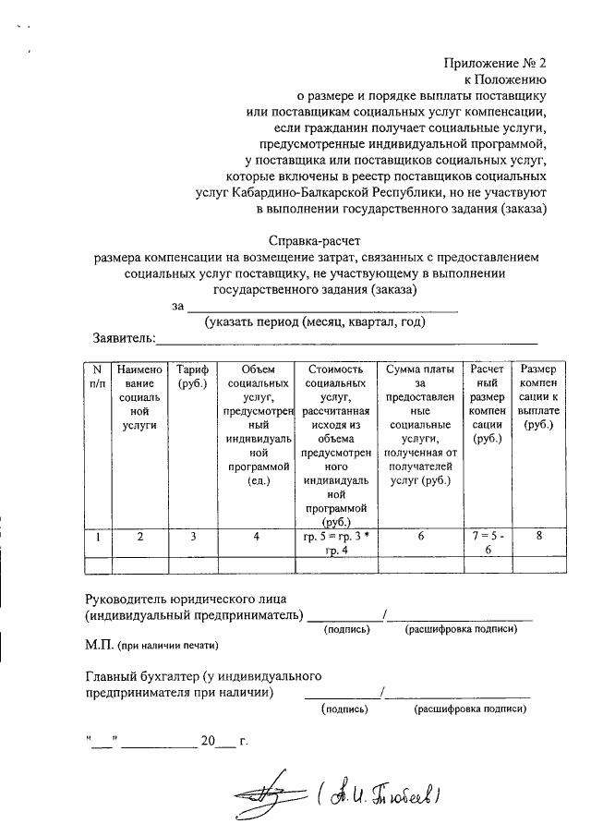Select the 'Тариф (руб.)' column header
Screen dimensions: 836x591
pos(193,376)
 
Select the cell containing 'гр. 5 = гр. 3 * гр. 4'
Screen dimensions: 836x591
pos(335,542)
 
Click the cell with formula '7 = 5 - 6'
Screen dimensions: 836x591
pos(486,542)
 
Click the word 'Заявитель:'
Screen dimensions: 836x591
pos(124,339)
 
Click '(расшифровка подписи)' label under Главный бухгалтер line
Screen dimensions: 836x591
pos(470,709)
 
